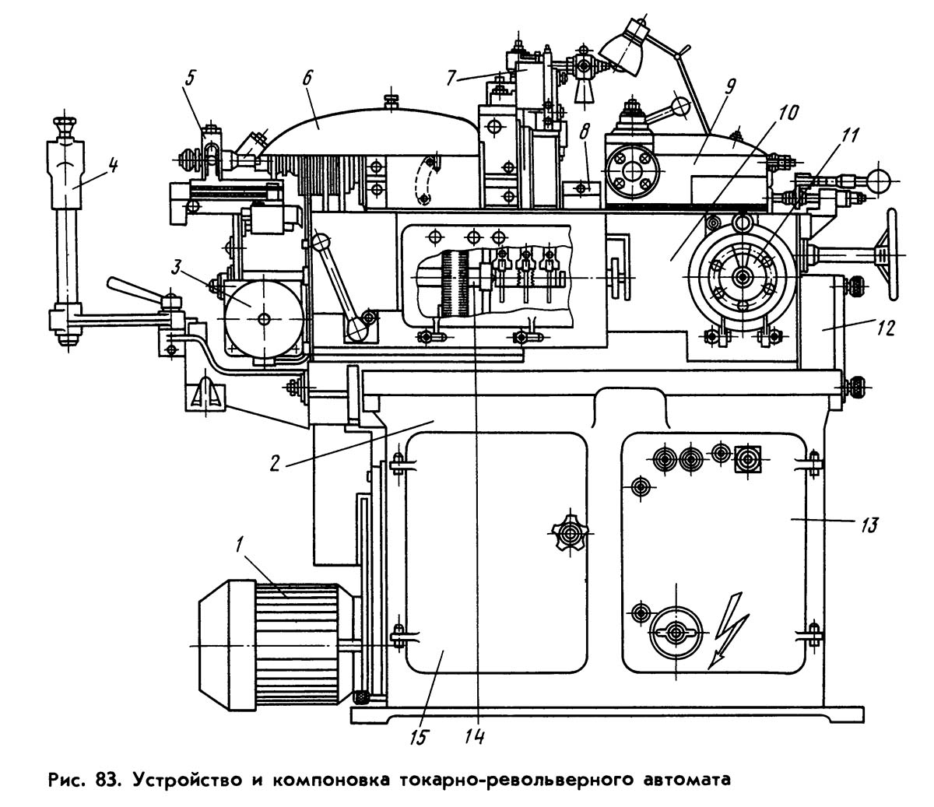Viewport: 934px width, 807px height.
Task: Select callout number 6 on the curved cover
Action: click(306, 77)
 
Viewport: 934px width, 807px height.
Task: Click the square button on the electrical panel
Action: click(747, 458)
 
